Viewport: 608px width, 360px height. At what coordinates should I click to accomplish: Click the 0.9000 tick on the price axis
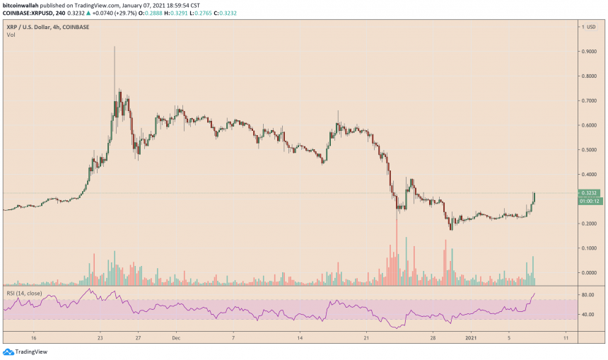tap(589, 52)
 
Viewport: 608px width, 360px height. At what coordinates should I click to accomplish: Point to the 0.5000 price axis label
tap(589, 150)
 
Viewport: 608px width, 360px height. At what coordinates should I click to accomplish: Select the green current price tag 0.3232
tap(588, 192)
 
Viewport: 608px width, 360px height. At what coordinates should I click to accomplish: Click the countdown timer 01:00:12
tap(589, 201)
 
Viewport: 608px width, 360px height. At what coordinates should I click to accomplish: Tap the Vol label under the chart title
tap(11, 35)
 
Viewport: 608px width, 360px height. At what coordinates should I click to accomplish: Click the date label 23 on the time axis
tap(100, 338)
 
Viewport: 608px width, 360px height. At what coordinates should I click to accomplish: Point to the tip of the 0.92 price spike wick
tap(115, 47)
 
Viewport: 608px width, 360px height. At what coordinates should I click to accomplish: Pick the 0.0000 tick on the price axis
tap(589, 273)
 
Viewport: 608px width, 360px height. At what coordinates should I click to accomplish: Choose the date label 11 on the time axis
tap(565, 338)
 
